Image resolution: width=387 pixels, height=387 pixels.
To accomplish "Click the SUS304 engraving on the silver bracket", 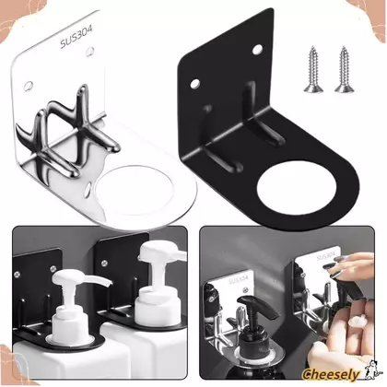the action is (76, 38).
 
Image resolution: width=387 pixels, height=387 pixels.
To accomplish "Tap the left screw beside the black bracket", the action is (313, 69).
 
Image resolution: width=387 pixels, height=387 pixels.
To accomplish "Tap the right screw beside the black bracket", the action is (344, 69).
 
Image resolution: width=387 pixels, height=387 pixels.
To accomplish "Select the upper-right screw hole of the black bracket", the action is (257, 49).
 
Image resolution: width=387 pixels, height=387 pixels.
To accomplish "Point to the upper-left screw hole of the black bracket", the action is (194, 83).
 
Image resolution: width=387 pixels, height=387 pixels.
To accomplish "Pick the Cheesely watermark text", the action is (331, 375).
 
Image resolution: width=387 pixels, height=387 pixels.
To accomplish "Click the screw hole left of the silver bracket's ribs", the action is (29, 87).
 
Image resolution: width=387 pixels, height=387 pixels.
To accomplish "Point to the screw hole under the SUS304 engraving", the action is (90, 52).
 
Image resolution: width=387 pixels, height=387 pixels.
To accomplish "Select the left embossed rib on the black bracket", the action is (218, 140).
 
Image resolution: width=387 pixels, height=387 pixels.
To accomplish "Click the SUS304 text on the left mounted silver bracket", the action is (239, 280).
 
